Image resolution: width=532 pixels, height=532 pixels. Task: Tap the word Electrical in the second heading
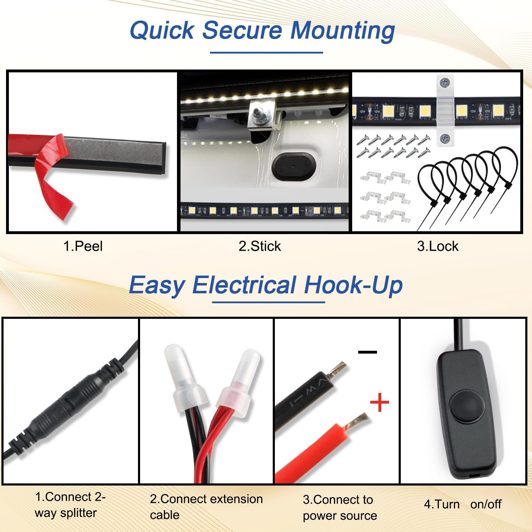click(244, 285)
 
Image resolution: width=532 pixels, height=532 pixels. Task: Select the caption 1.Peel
click(83, 246)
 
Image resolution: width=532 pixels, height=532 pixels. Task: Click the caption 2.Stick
click(260, 246)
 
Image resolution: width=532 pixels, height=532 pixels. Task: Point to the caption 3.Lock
click(438, 246)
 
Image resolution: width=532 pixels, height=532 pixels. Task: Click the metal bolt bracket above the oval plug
click(263, 113)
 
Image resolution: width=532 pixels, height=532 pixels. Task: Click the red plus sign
click(379, 402)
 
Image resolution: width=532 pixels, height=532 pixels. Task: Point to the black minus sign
click(367, 352)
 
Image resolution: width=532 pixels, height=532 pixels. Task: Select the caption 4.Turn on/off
click(463, 504)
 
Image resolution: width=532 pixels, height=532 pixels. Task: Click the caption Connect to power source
click(340, 508)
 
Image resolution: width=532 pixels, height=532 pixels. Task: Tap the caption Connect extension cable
click(206, 507)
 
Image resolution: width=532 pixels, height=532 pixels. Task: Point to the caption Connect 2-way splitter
click(70, 505)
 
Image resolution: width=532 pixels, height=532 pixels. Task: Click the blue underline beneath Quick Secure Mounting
click(266, 52)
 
